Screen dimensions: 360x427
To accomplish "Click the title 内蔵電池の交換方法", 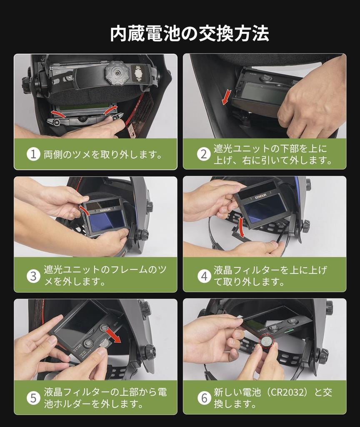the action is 190,33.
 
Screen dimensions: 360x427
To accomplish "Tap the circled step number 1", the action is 33,154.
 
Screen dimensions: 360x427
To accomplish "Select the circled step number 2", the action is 204,154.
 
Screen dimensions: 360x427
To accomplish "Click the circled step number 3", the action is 33,276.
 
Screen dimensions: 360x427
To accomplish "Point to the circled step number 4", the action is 204,276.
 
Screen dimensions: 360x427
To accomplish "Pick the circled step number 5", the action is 33,398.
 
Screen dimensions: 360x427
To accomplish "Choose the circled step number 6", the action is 204,398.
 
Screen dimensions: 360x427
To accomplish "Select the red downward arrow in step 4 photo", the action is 241,227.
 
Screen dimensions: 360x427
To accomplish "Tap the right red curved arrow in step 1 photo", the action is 110,110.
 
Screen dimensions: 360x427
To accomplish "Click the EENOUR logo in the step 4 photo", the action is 260,196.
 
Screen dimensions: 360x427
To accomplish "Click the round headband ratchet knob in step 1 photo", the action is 117,73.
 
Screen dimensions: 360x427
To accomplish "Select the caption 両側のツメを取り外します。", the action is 103,155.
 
